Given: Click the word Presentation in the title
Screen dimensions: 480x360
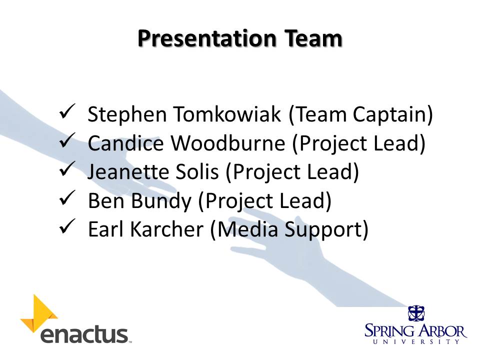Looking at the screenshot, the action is pos(207,38).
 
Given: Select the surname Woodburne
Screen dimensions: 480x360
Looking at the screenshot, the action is pos(228,143).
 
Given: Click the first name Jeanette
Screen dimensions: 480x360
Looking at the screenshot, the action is pos(127,171).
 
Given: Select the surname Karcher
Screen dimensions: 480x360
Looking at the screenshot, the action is pos(167,229).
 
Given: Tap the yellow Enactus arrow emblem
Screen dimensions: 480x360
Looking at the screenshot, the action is pos(39,314).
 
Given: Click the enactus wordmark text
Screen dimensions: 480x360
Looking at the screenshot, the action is pos(84,335).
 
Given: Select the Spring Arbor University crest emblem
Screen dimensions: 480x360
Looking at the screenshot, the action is pos(416,313).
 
